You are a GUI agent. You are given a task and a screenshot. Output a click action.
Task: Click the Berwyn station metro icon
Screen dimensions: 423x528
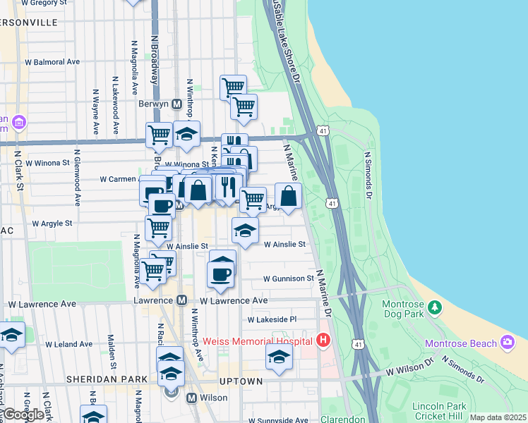pos(177,103)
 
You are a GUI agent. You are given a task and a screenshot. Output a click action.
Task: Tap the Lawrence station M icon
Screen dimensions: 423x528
pos(181,300)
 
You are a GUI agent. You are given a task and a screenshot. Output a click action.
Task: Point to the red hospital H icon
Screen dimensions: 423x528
pos(324,341)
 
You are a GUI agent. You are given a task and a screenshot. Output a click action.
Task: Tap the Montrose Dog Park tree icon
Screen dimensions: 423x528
pos(436,307)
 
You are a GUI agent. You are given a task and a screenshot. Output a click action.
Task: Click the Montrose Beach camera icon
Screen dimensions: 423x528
pos(507,343)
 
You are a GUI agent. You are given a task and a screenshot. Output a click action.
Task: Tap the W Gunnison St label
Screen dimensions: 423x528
pos(288,278)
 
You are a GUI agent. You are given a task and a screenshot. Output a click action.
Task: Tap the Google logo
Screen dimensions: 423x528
pos(23,415)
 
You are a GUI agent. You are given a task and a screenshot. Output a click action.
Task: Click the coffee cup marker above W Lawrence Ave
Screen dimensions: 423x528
pos(222,274)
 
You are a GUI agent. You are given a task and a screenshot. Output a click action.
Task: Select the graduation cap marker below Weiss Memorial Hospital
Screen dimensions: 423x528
pos(279,358)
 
